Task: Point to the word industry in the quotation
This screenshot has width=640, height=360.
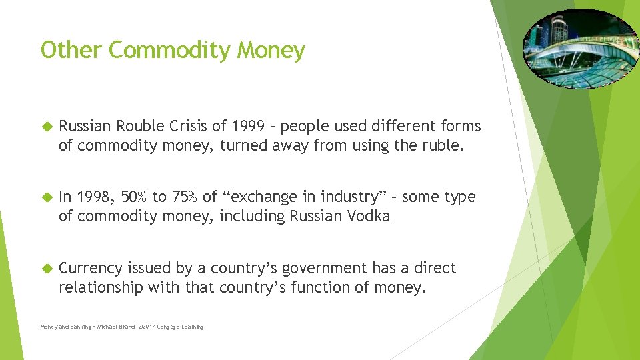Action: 351,197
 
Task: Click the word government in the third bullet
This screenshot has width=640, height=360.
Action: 324,269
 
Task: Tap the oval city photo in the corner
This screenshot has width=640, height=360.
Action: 580,49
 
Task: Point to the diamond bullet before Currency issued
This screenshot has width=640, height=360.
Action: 46,269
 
